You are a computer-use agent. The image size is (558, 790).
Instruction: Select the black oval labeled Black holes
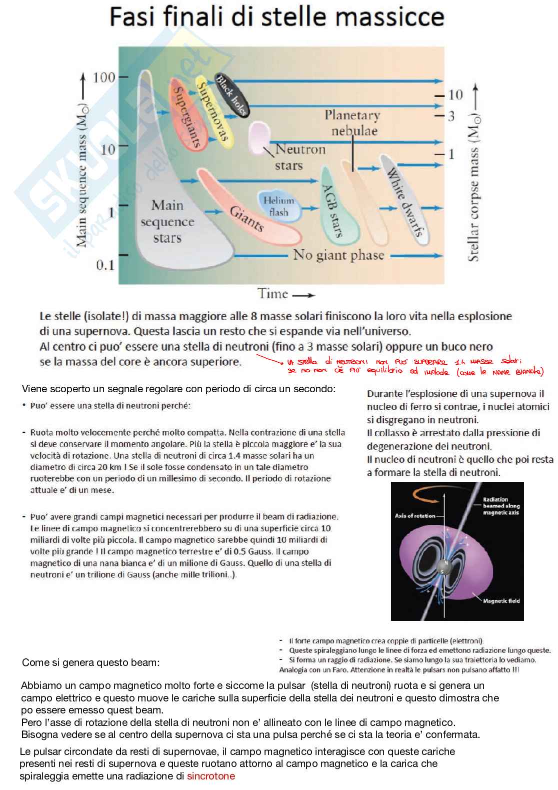pos(231,95)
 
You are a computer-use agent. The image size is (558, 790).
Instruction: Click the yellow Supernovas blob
pos(213,113)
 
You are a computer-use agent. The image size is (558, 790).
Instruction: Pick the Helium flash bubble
pos(278,206)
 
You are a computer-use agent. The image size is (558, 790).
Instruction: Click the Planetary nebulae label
pos(353,123)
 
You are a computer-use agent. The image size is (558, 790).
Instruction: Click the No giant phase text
pos(338,255)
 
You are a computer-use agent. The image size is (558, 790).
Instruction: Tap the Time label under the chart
pos(273,294)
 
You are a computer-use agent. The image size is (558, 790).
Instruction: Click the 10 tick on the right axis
pos(455,95)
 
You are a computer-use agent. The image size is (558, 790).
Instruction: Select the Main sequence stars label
pos(167,221)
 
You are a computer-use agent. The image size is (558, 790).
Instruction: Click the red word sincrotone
pos(210,776)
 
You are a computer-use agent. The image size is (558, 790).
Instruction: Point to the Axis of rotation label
pos(415,515)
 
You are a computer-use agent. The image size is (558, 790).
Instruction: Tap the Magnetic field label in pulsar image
pos(501,601)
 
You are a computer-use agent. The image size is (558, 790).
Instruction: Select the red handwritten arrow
pos(270,359)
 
